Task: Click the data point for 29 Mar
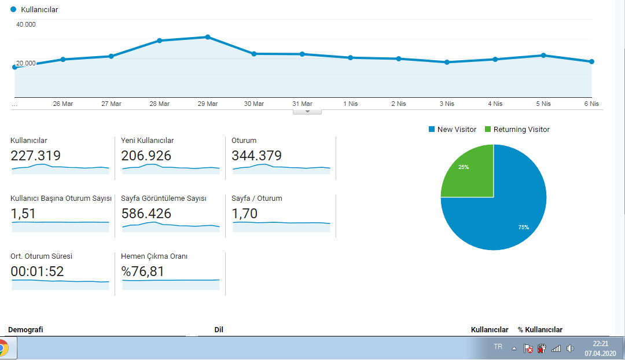[x=208, y=37]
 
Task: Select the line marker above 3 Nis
[x=447, y=62]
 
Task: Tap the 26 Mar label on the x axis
[x=63, y=104]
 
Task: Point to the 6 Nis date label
[x=591, y=104]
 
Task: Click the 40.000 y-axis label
[x=26, y=24]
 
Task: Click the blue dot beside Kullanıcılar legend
[x=13, y=9]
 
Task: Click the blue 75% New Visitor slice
[x=506, y=211]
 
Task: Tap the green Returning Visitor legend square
[x=487, y=129]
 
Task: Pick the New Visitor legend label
[x=457, y=129]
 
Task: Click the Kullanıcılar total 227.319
[x=35, y=156]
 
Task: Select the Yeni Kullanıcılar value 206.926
[x=146, y=156]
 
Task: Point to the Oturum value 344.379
[x=257, y=156]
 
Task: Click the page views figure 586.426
[x=146, y=214]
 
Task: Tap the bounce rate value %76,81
[x=143, y=271]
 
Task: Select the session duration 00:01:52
[x=37, y=271]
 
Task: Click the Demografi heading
[x=25, y=330]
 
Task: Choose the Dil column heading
[x=219, y=330]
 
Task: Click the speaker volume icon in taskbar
[x=571, y=348]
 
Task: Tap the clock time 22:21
[x=601, y=344]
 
